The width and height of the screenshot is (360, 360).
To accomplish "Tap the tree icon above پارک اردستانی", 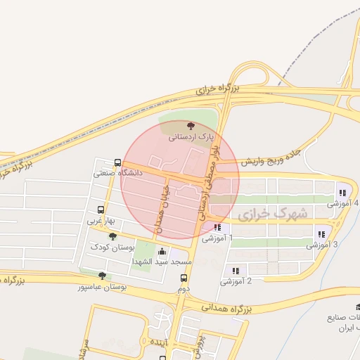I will click(x=191, y=126).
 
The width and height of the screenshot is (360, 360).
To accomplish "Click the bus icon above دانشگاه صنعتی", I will click(x=117, y=162).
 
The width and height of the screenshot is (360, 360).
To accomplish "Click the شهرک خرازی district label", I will click(x=273, y=213).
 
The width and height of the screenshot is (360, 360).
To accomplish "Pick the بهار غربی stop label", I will click(x=101, y=221).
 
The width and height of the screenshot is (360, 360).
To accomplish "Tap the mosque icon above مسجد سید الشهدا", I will click(x=163, y=251).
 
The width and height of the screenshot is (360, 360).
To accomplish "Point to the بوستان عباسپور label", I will click(x=103, y=287).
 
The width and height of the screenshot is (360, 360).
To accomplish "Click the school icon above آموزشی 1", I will click(x=217, y=228).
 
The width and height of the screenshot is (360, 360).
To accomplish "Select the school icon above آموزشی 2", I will click(x=236, y=271).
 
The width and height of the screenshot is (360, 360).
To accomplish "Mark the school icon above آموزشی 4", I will click(x=342, y=193).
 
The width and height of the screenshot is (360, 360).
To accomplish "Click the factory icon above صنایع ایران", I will click(x=359, y=307).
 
